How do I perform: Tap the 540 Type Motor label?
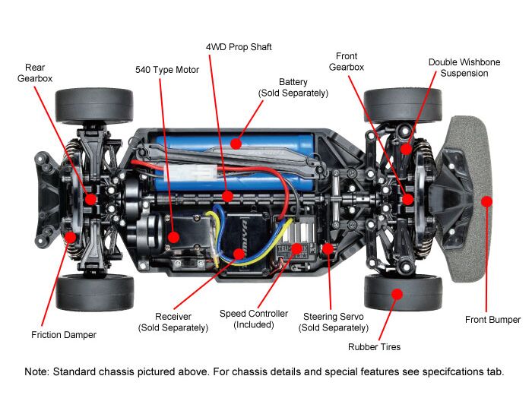(166, 70)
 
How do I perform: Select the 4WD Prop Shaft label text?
(239, 47)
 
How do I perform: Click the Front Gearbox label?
(346, 62)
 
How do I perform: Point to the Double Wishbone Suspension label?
(458, 68)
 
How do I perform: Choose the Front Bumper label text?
(492, 320)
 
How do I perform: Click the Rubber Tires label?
(374, 347)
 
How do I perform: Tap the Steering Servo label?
(335, 321)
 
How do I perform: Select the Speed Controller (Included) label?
(254, 318)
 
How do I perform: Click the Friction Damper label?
(64, 334)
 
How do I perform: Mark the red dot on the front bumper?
(487, 201)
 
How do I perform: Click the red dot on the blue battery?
(236, 142)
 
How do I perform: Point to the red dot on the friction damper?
(71, 236)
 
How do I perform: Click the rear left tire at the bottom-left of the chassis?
(95, 292)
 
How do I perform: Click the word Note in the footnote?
(38, 373)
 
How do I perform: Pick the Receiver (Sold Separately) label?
(173, 321)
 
